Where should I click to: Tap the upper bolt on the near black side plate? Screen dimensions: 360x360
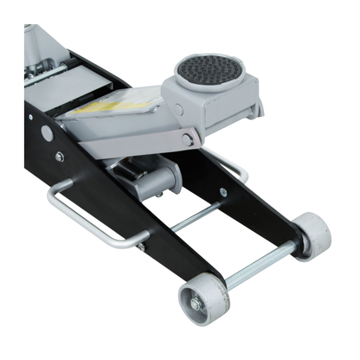(59, 157)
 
